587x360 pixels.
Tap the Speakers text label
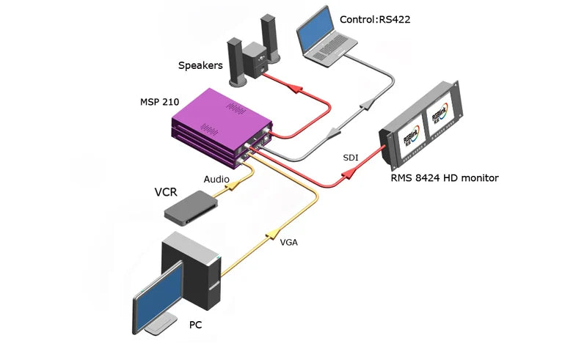tap(200, 65)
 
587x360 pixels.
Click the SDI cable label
tap(351, 158)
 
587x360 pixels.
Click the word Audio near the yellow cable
tap(217, 179)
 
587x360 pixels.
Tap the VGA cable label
tap(289, 240)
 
